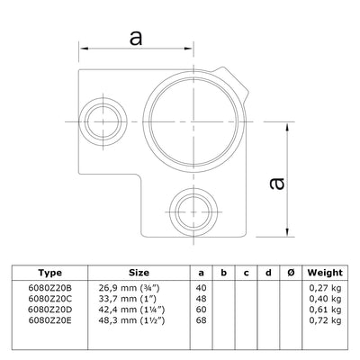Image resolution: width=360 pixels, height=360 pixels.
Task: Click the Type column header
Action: click(51, 271)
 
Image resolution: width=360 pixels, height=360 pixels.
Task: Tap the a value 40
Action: click(200, 287)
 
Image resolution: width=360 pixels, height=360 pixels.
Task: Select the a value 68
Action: click(200, 319)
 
